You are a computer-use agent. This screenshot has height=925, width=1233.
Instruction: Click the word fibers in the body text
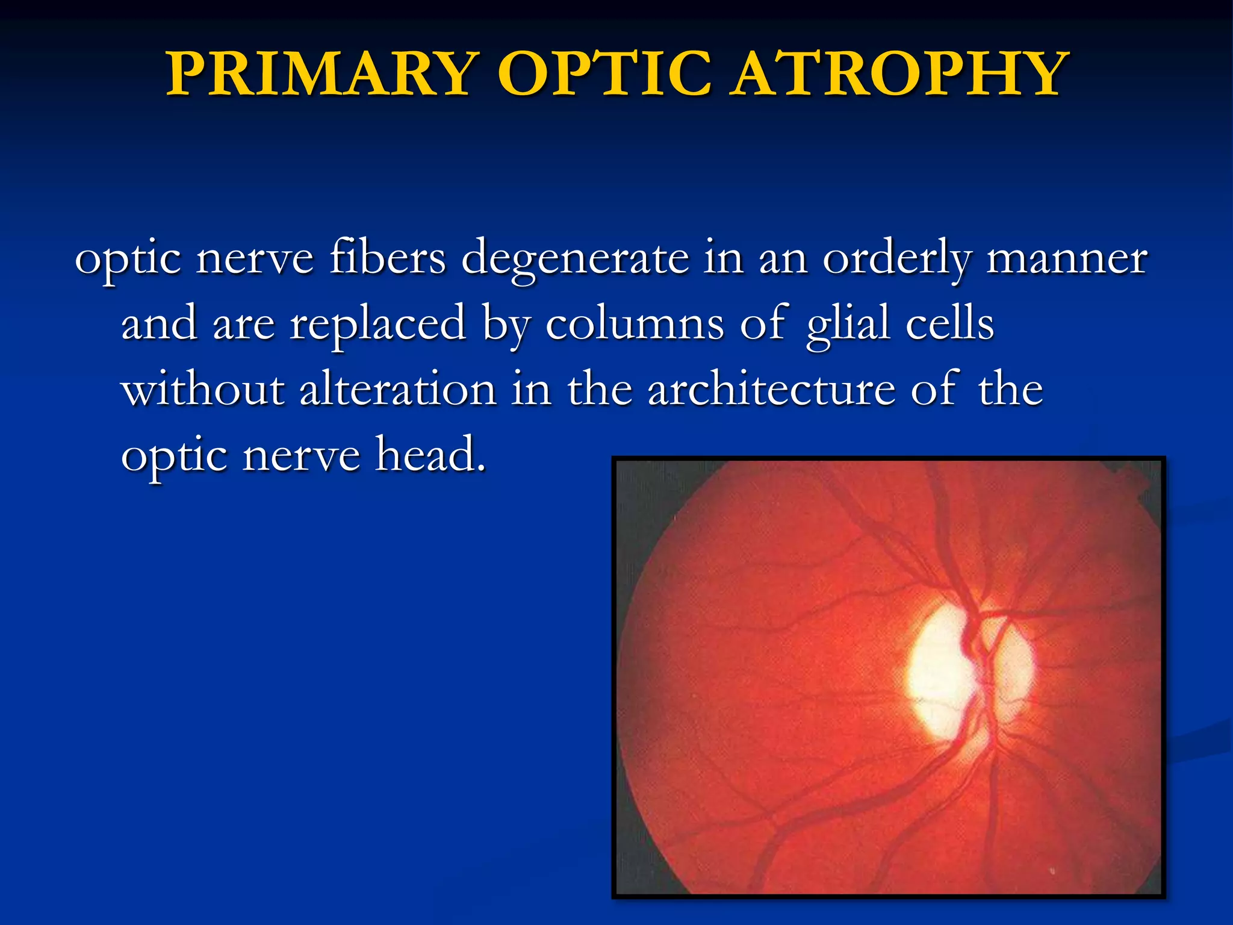[387, 258]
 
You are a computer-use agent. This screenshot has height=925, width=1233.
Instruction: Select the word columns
[635, 324]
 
